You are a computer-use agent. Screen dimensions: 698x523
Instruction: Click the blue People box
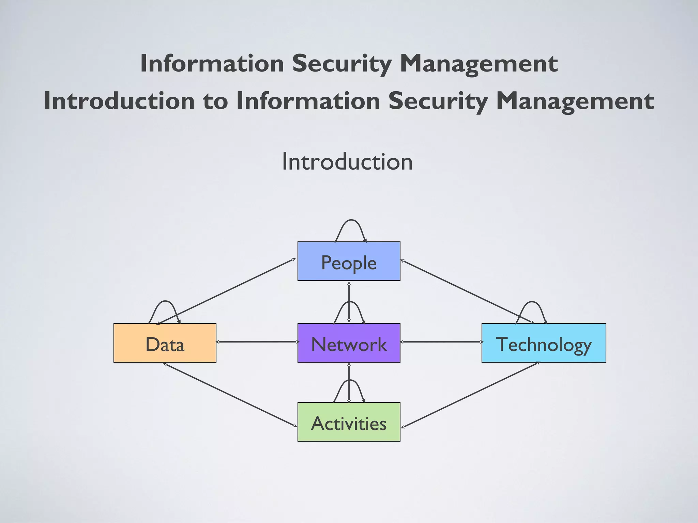coord(349,261)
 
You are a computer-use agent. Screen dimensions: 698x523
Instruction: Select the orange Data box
coord(165,343)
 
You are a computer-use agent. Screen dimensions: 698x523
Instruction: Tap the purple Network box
coord(349,343)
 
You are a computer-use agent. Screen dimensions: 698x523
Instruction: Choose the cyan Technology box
coord(544,343)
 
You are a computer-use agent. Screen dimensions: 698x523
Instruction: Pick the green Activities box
coord(349,422)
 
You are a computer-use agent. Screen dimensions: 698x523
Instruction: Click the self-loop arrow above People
coord(351,221)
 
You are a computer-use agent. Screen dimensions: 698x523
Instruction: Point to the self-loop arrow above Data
coord(165,302)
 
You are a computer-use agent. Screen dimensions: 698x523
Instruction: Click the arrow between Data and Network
coord(257,342)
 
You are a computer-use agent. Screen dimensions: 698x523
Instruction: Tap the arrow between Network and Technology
coord(441,342)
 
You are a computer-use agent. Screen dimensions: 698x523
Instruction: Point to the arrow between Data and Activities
coord(230,395)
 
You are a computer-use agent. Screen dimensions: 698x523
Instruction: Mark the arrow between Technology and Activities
coord(470,395)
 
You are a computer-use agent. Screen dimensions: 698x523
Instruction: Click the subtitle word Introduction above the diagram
coord(347,161)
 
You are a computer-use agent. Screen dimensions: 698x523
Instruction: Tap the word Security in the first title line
coord(342,64)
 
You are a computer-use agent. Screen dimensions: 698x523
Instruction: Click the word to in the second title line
coord(215,101)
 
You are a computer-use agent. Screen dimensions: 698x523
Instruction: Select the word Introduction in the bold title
coord(119,101)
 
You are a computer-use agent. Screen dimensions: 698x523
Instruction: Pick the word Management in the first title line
coord(479,64)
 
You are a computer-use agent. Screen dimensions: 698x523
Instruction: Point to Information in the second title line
coord(308,101)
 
